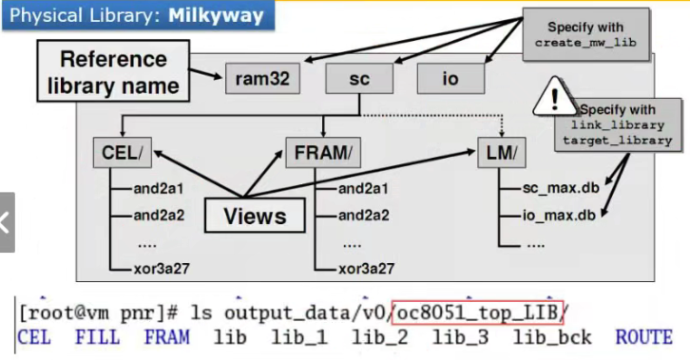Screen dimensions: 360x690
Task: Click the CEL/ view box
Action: (x=119, y=151)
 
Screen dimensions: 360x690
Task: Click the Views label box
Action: (x=255, y=215)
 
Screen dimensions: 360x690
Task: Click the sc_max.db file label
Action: (x=557, y=189)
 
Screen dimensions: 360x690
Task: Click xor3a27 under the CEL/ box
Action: (x=162, y=268)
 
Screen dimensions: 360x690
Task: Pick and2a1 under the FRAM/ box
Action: (x=364, y=189)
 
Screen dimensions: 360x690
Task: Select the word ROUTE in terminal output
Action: (x=643, y=337)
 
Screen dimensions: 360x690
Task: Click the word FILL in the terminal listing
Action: (x=97, y=337)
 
